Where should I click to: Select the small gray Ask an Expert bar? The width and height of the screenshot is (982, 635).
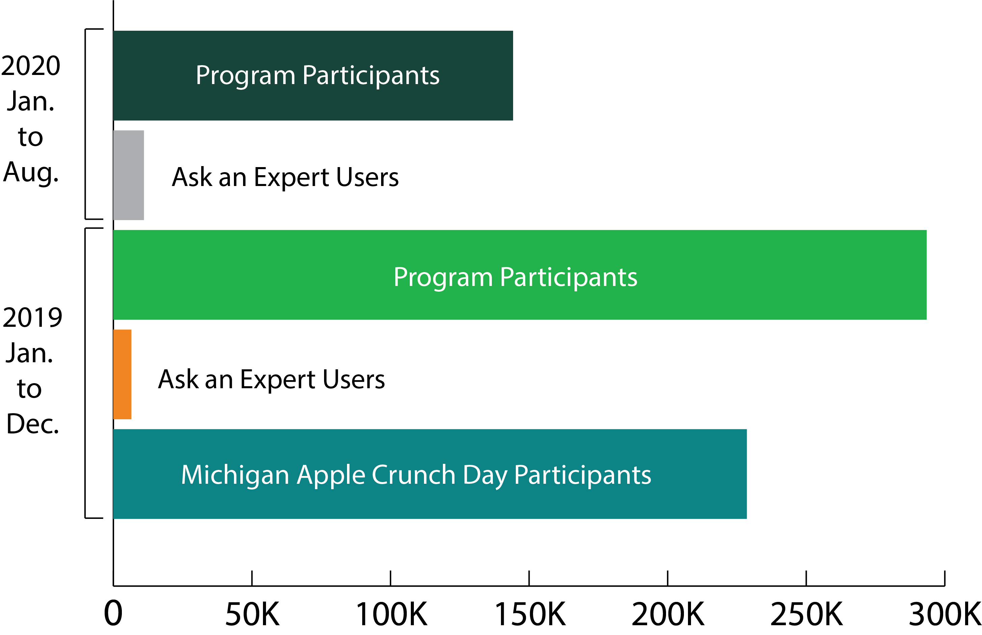128,175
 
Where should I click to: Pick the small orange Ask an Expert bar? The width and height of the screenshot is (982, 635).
122,374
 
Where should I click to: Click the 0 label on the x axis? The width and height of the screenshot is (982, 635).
113,613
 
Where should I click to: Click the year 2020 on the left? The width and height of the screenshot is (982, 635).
31,65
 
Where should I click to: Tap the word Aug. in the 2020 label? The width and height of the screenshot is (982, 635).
31,173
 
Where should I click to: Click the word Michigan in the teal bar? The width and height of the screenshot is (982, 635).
235,475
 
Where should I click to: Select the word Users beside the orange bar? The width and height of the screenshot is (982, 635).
353,379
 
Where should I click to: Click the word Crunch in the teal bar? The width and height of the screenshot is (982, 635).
413,475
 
